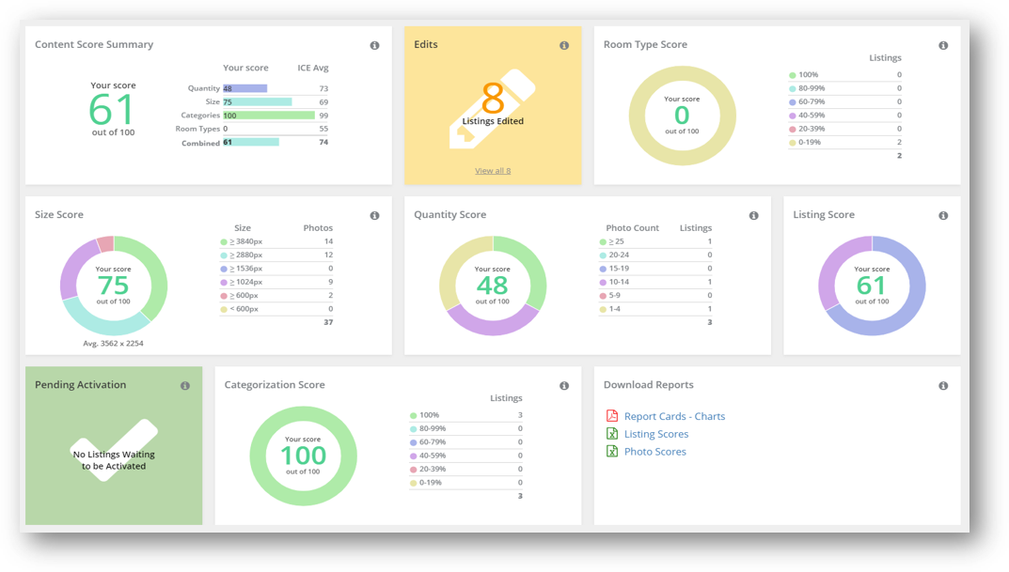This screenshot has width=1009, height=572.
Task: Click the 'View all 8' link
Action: coord(493,171)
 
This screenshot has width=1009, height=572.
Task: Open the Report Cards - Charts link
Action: coord(674,416)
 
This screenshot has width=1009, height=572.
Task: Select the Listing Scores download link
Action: coord(656,435)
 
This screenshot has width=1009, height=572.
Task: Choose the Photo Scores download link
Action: coord(655,452)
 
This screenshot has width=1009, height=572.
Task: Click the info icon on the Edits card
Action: coord(564,46)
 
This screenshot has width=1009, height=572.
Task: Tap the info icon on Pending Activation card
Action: coord(185,386)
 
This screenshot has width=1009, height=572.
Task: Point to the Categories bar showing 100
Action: coord(269,116)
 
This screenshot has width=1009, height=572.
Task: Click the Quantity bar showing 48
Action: coord(245,88)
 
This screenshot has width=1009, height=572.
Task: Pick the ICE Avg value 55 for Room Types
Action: coord(323,130)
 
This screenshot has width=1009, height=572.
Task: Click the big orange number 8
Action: coord(493,99)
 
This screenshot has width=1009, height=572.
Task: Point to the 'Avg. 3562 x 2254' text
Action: coord(113,344)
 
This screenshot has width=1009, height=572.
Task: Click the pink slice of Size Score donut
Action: coord(106,244)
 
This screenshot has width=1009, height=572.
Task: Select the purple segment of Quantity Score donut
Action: coord(493,324)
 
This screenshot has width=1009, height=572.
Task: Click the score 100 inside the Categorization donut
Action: coord(303,456)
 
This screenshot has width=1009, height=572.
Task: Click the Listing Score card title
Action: coord(824,215)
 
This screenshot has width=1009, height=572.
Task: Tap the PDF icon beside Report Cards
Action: coord(612,416)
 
